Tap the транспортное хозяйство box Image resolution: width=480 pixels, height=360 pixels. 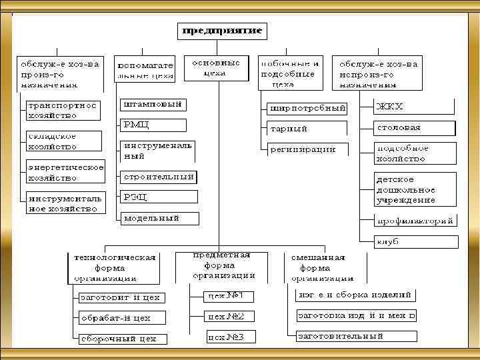63,110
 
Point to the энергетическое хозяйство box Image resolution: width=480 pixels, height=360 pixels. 65,173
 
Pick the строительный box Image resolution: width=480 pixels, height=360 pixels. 159,177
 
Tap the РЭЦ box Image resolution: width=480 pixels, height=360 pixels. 159,197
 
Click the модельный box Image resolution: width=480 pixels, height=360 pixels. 159,218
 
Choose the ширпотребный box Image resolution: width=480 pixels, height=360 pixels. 307,108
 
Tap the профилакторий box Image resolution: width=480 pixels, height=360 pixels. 415,221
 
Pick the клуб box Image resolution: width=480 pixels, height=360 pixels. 415,241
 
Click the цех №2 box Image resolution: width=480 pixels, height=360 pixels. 225,316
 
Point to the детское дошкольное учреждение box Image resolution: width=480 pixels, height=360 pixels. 414,189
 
